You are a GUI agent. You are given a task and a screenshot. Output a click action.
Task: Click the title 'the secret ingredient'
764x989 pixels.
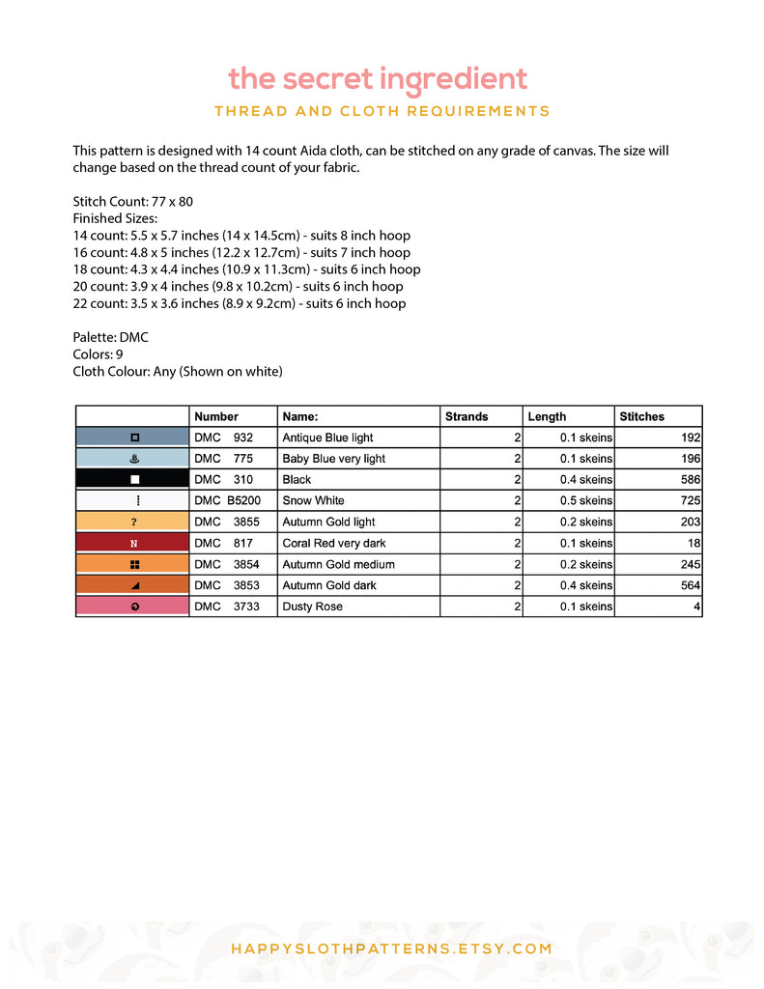(x=378, y=79)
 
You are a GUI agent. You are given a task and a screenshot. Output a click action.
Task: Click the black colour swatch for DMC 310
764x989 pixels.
(x=133, y=479)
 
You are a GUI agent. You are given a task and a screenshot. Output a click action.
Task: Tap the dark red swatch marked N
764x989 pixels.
(x=133, y=543)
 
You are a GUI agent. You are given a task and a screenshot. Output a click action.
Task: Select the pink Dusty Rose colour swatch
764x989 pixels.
(x=133, y=607)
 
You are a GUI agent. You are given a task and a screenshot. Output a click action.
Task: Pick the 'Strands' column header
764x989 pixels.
(x=467, y=416)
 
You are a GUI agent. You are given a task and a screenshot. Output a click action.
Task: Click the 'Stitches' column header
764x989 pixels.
(x=641, y=416)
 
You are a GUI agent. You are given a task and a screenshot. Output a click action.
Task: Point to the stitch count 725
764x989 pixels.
(x=690, y=500)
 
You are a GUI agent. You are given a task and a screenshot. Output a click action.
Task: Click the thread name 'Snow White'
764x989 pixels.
(x=313, y=500)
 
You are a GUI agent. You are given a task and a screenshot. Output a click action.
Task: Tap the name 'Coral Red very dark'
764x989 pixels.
(x=333, y=543)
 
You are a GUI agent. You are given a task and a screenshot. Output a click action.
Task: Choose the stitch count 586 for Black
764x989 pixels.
(x=690, y=479)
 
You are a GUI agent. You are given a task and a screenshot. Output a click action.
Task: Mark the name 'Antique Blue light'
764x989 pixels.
(x=327, y=438)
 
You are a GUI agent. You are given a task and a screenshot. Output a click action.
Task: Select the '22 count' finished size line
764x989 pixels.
(x=239, y=303)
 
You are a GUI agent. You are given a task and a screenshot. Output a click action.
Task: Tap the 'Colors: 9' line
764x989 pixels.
(x=98, y=354)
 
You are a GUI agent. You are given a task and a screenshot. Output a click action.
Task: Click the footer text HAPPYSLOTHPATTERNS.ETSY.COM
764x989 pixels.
(x=391, y=948)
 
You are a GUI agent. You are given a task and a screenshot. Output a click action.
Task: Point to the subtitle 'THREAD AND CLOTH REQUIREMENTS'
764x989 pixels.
(x=382, y=111)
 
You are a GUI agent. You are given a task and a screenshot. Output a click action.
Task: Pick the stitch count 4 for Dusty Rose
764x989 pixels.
(x=697, y=607)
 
